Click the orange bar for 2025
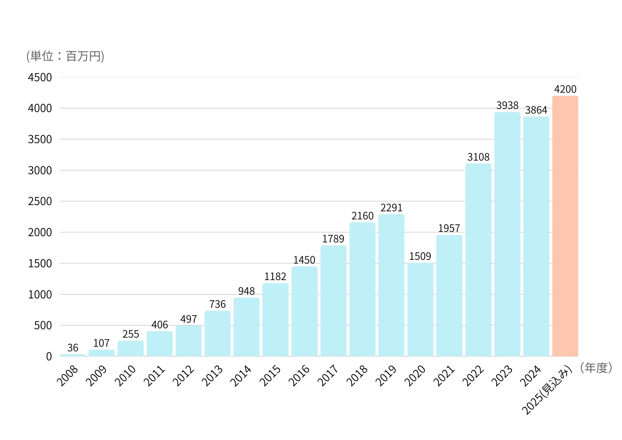tap(565, 226)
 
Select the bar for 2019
tap(391, 285)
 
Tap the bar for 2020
tap(420, 310)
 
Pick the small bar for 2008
tap(72, 355)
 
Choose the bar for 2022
tap(478, 260)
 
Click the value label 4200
tap(565, 89)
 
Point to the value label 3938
tap(507, 105)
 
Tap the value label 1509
tap(420, 256)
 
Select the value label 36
tap(73, 348)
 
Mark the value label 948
tap(246, 291)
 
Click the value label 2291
tap(391, 208)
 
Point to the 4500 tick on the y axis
tap(40, 77)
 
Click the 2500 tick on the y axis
tap(40, 201)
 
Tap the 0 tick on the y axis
tap(49, 357)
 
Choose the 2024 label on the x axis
tap(531, 376)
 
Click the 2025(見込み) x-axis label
tap(547, 391)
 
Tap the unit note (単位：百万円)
tap(65, 56)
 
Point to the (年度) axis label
tap(596, 368)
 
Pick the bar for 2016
tap(304, 311)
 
